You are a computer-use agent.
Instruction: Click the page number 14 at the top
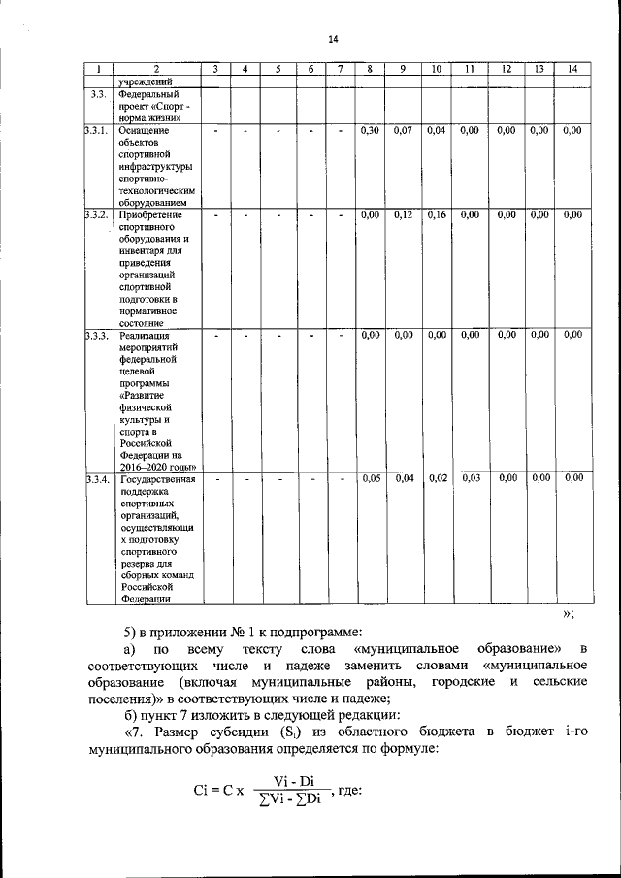(x=334, y=39)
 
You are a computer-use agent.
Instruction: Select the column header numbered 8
(x=370, y=69)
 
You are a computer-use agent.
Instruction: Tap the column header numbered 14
(x=572, y=69)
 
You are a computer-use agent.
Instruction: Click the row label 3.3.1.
(x=96, y=130)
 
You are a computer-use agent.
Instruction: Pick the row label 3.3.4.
(x=96, y=478)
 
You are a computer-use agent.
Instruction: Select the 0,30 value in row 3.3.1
(x=369, y=130)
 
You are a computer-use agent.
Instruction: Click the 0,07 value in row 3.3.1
(x=404, y=130)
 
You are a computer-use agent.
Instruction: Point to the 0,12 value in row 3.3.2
(x=404, y=215)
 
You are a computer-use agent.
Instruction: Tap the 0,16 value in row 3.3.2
(x=437, y=215)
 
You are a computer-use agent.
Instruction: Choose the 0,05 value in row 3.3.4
(x=369, y=478)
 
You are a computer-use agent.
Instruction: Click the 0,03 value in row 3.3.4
(x=471, y=478)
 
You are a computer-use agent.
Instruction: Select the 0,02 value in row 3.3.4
(x=437, y=478)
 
